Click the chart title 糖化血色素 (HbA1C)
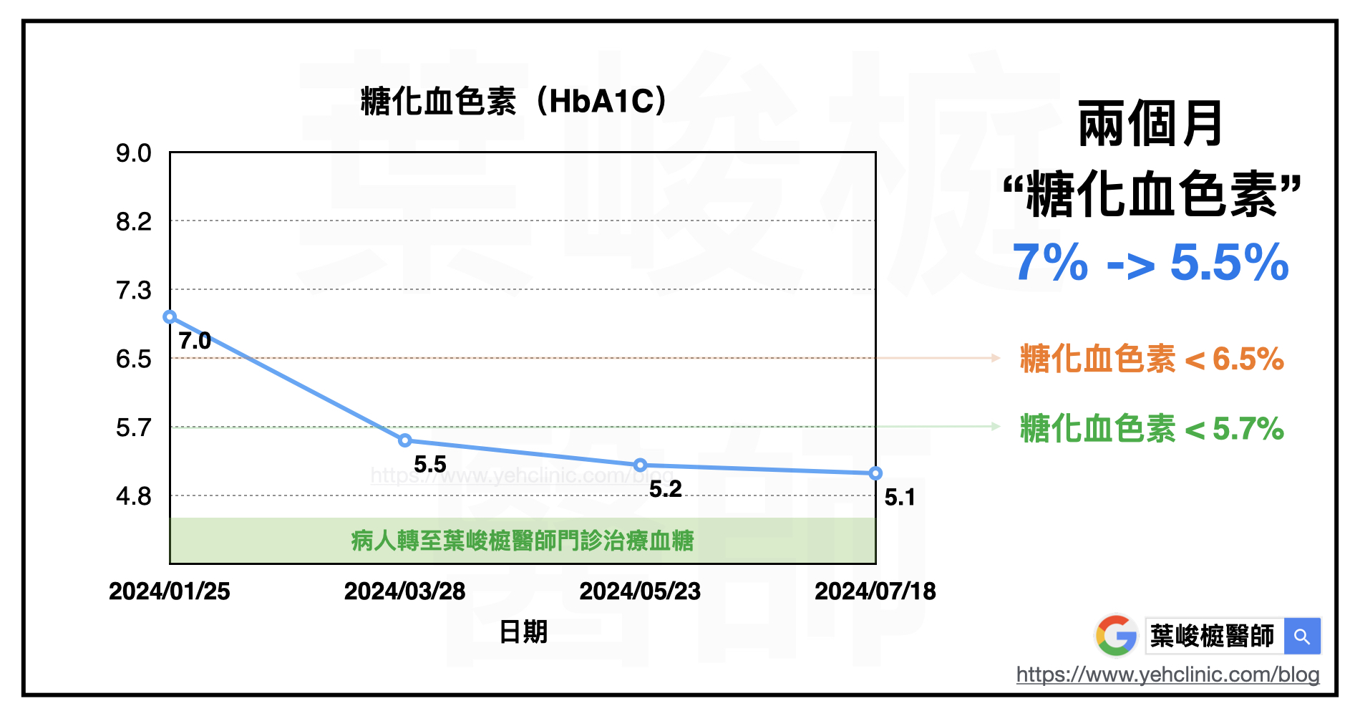(x=513, y=101)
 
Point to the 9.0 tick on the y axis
(x=134, y=153)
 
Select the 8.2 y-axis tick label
(x=134, y=222)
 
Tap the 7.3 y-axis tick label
(x=134, y=291)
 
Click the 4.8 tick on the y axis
(x=134, y=496)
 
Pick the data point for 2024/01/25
(x=170, y=316)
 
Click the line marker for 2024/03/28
(x=404, y=440)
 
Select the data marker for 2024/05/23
(x=640, y=465)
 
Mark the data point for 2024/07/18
(x=875, y=473)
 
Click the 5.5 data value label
(x=430, y=465)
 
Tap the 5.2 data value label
(x=666, y=489)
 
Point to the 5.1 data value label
(x=900, y=498)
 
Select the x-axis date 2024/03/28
(x=404, y=591)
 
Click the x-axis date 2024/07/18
(x=875, y=591)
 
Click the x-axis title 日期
(x=523, y=632)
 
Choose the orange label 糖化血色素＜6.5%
(x=1152, y=359)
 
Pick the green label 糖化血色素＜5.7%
(x=1152, y=429)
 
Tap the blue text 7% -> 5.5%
(x=1151, y=263)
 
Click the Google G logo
(x=1116, y=636)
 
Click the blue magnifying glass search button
(x=1302, y=637)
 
